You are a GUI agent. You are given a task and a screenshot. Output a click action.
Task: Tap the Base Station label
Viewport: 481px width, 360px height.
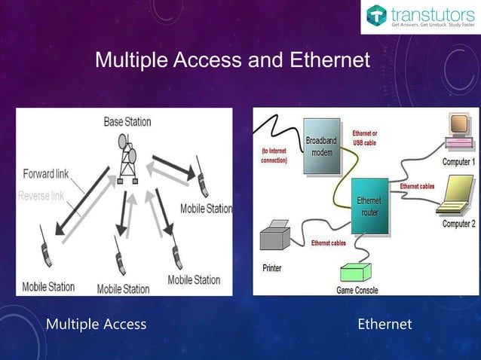127,121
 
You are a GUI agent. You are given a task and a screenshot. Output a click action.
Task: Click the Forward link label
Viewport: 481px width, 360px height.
45,174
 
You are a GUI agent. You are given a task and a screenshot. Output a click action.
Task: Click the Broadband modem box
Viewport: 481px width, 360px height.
321,146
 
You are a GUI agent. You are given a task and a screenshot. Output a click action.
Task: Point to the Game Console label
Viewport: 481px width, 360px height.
357,290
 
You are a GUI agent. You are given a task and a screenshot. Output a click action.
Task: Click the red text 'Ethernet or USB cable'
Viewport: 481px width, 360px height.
365,138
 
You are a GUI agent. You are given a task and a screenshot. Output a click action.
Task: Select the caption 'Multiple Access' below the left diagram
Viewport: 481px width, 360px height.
97,325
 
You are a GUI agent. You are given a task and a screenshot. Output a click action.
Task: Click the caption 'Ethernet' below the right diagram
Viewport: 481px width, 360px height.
384,325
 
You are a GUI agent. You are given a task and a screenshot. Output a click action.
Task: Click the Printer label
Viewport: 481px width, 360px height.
272,268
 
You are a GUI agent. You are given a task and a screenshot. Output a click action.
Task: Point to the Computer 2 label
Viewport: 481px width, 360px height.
458,224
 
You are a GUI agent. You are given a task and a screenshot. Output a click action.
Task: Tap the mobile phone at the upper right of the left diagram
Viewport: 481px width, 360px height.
201,177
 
